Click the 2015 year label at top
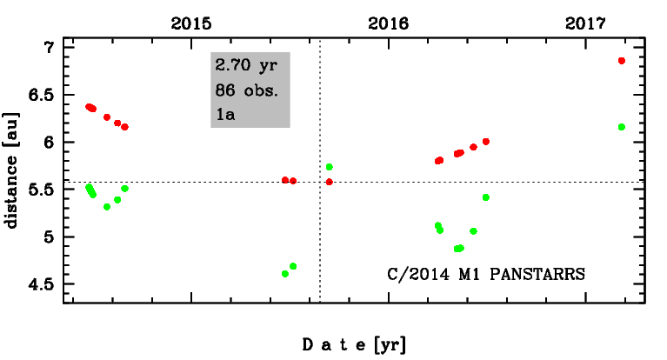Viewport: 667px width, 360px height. [x=190, y=23]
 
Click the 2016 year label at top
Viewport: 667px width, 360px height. [x=388, y=23]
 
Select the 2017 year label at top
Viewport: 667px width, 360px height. [x=585, y=23]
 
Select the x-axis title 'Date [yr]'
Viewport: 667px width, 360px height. [x=354, y=344]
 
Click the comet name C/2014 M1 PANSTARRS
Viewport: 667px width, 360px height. [x=486, y=272]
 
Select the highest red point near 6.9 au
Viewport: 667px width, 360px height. [x=622, y=61]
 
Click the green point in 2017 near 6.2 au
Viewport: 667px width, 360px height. [x=622, y=127]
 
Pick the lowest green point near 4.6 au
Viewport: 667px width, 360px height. [x=285, y=274]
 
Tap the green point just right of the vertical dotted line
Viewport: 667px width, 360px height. [x=330, y=167]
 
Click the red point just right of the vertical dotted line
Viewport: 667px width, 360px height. [x=330, y=182]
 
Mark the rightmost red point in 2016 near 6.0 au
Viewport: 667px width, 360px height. [x=486, y=142]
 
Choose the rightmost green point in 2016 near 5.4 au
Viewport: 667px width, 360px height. [x=486, y=197]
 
